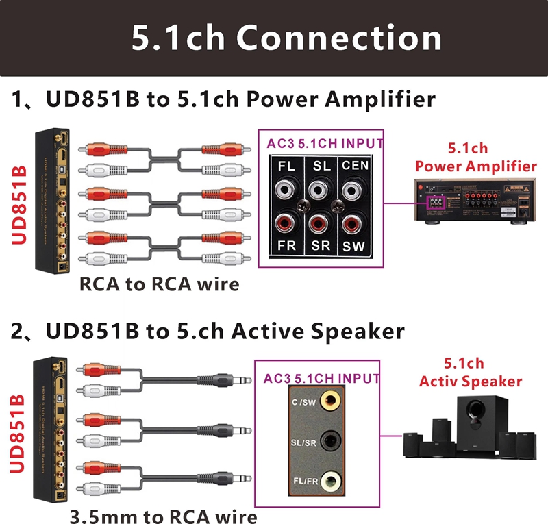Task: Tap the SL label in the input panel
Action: click(x=321, y=165)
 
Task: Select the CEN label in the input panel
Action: click(x=356, y=165)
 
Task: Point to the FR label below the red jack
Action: click(x=286, y=245)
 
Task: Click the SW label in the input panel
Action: click(x=354, y=245)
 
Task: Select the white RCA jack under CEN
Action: click(x=353, y=189)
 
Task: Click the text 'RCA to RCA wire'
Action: click(x=160, y=283)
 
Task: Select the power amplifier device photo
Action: click(x=475, y=199)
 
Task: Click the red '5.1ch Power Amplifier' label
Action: click(x=476, y=157)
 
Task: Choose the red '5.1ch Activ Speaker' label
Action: click(x=471, y=373)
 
